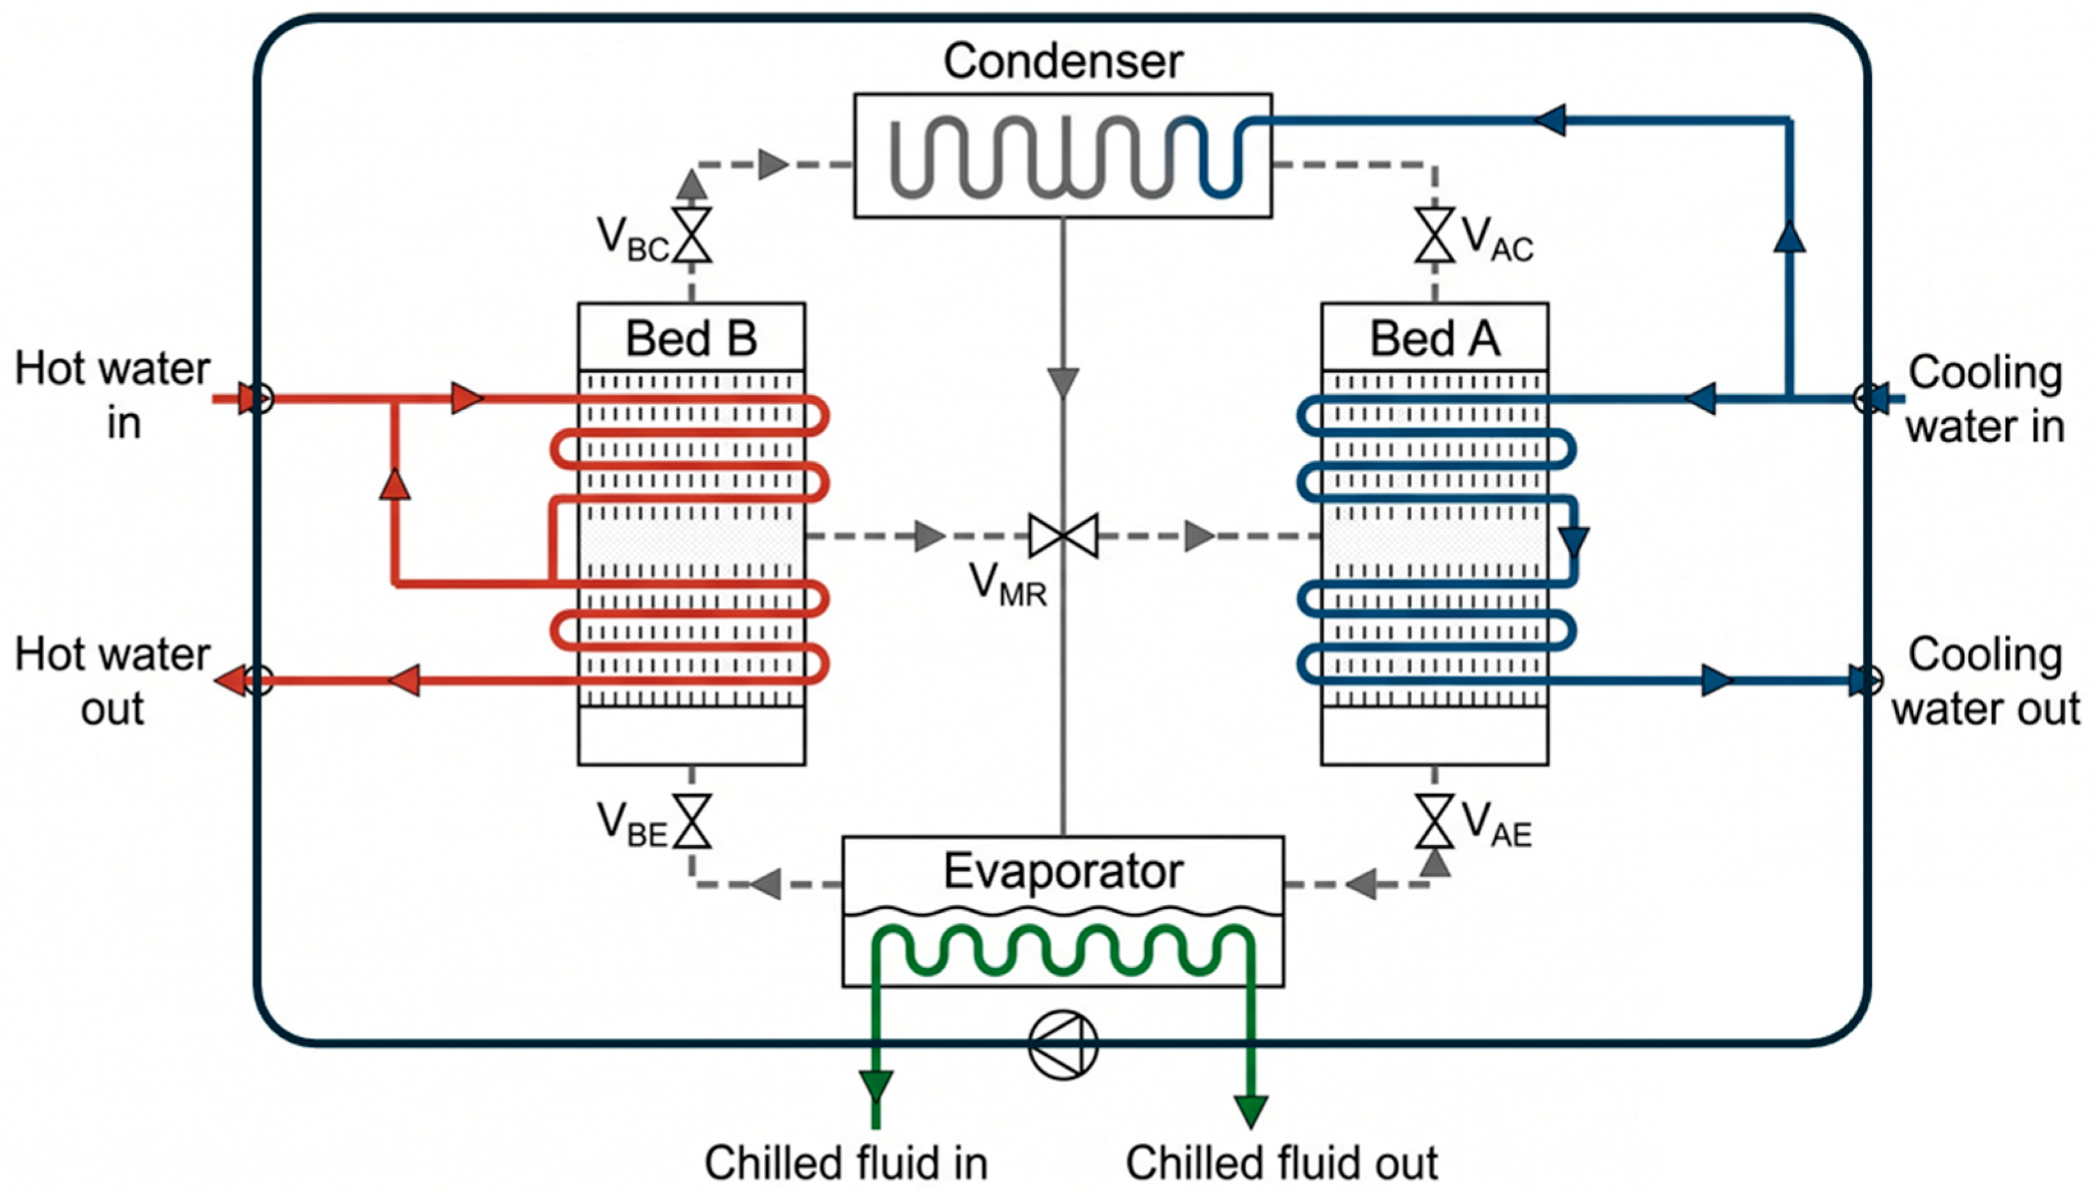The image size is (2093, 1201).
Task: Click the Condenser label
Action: pos(1063,61)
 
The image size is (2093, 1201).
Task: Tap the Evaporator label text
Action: pos(1063,871)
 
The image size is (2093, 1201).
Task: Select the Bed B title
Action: pos(691,338)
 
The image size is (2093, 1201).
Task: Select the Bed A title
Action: pos(1435,338)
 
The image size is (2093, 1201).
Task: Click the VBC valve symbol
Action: pos(692,235)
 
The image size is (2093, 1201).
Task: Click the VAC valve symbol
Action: pos(1435,235)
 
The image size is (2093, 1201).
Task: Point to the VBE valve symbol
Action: pos(692,821)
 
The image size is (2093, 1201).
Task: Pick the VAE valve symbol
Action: pos(1435,821)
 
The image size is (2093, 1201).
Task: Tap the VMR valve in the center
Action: pos(1063,536)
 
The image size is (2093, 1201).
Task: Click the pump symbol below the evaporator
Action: pos(1063,1044)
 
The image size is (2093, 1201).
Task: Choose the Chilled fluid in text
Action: pos(846,1163)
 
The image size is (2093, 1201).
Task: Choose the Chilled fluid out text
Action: pos(1281,1163)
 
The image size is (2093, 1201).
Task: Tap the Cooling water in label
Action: pos(1985,399)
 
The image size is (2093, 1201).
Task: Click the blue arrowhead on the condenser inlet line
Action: pos(1549,119)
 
